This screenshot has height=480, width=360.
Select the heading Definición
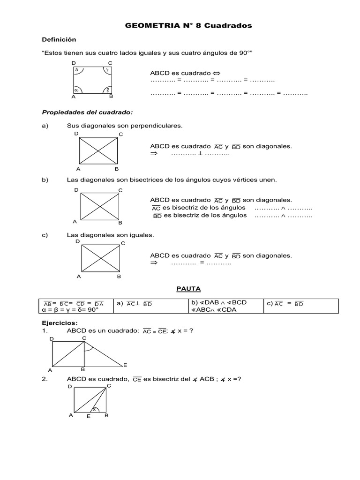click(x=59, y=40)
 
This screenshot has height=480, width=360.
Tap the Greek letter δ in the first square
click(x=76, y=69)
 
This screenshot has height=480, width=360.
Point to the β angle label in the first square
click(x=107, y=89)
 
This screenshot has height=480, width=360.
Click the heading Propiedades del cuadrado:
click(x=88, y=112)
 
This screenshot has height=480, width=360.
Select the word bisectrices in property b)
click(x=136, y=180)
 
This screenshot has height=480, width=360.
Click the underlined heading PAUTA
click(x=188, y=289)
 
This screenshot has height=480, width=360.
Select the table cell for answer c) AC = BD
click(x=300, y=306)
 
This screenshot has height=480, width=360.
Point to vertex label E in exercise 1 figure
click(x=125, y=365)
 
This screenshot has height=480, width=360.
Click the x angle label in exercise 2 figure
click(x=94, y=409)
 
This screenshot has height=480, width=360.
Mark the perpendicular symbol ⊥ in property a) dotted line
click(x=200, y=154)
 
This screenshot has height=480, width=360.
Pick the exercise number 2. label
click(x=45, y=379)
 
